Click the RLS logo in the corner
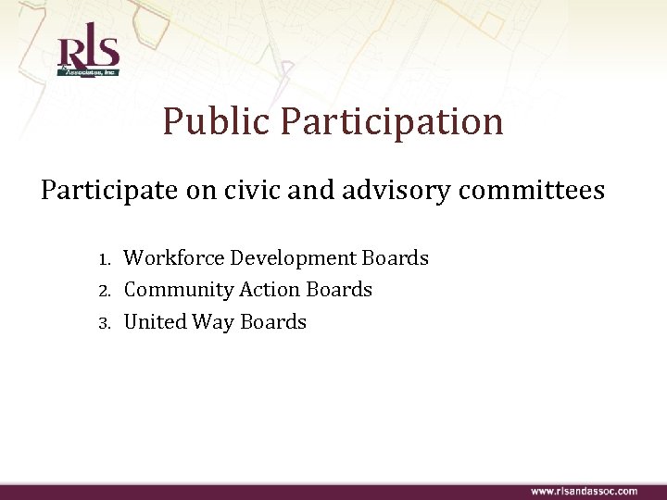(88, 56)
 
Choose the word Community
(179, 290)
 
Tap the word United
(154, 322)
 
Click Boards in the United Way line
(273, 322)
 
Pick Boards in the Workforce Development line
(396, 257)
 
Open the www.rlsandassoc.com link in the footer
(584, 491)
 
